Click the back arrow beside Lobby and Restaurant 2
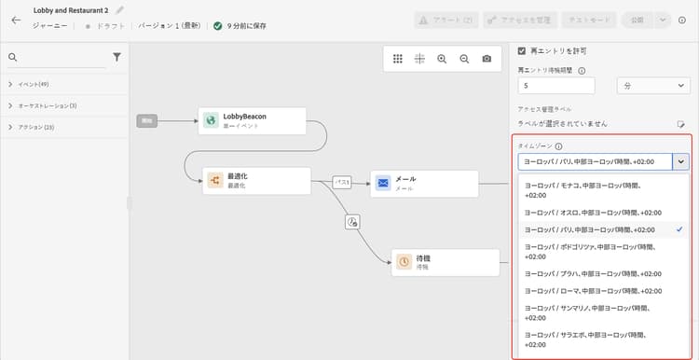pos(16,19)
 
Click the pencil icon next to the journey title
pos(119,10)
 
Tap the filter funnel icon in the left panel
pos(116,57)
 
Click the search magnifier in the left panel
pos(13,58)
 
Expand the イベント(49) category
pos(9,84)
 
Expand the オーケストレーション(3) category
pos(9,105)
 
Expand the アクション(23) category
pos(9,127)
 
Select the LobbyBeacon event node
pos(252,120)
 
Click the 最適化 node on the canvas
pos(256,180)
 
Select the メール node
pos(424,183)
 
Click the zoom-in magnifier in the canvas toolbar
pos(442,59)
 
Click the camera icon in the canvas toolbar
pos(487,59)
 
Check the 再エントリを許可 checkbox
pos(522,50)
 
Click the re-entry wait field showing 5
pos(556,85)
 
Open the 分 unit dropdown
pos(654,85)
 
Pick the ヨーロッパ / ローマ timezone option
pos(594,290)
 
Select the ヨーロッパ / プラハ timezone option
pos(594,273)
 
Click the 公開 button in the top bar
pos(637,19)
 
